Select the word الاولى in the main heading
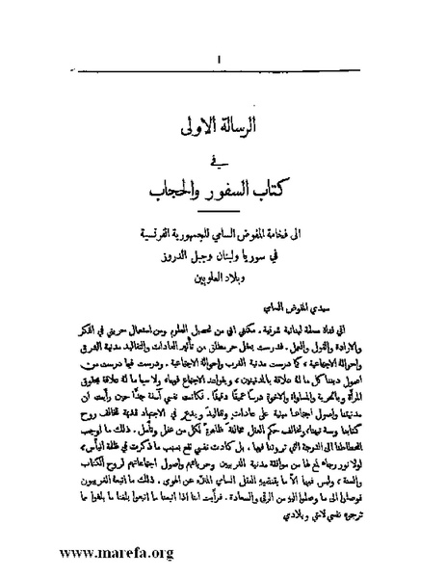click(197, 126)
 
